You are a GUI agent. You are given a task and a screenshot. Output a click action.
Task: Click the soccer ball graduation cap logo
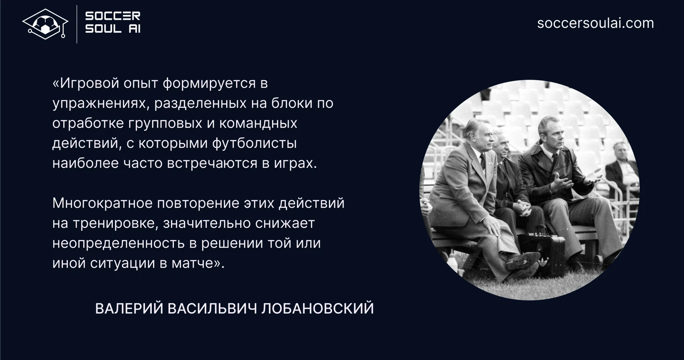pos(45,24)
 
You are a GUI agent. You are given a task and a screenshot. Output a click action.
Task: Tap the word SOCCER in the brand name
pos(113,16)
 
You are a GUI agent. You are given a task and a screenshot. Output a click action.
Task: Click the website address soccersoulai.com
pos(595,23)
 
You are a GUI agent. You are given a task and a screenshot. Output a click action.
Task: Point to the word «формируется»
pos(209,83)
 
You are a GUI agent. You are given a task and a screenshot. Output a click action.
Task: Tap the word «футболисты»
pos(254,143)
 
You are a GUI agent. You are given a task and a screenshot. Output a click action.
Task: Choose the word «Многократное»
pos(102,203)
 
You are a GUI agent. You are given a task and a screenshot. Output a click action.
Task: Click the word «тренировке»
pos(115,224)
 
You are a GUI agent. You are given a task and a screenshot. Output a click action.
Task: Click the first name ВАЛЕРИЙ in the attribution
pos(129,308)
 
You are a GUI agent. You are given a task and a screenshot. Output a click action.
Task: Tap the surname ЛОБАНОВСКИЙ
pos(318,308)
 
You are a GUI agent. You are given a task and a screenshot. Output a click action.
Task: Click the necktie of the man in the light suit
pos(483,162)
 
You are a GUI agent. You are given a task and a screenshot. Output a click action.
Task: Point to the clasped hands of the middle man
pos(523,208)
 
